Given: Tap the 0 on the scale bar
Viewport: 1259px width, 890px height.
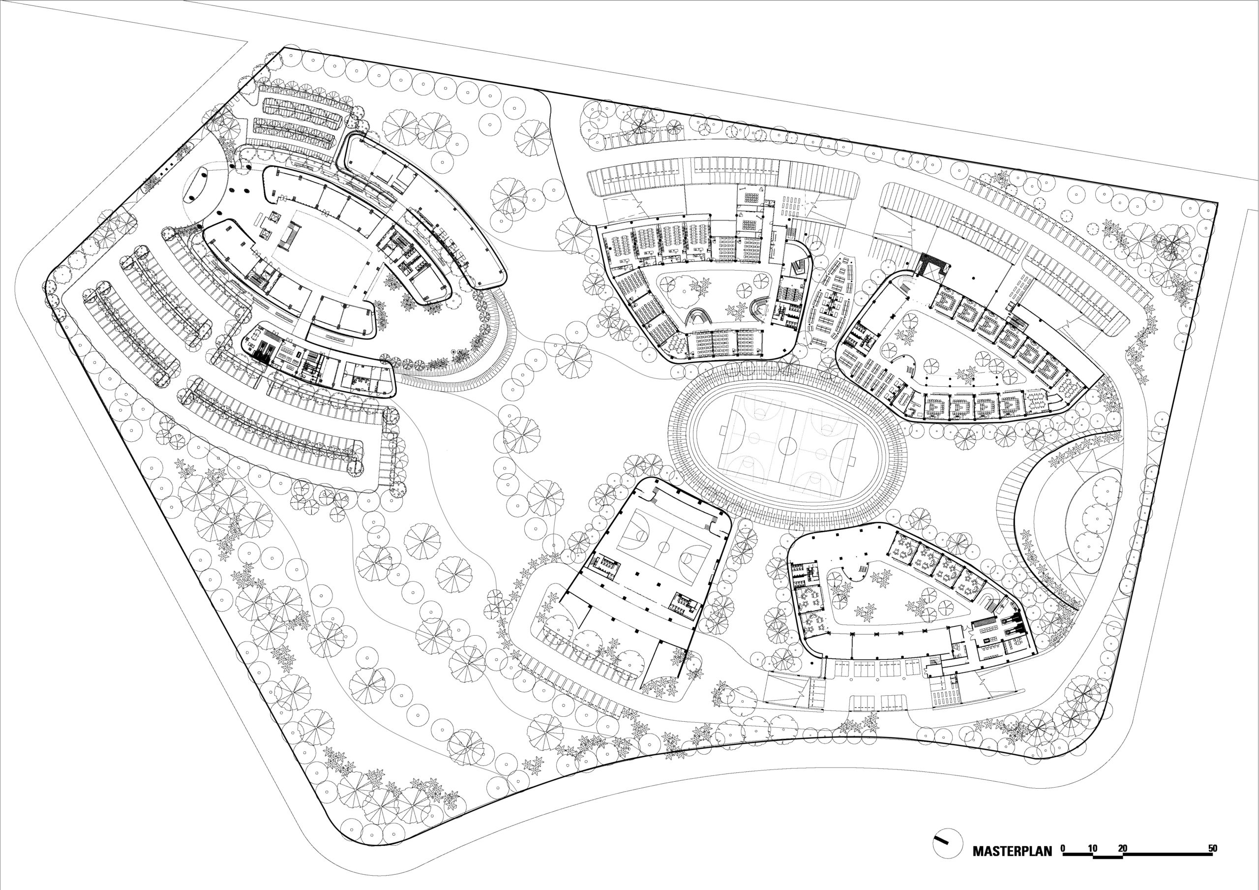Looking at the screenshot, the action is click(1063, 848).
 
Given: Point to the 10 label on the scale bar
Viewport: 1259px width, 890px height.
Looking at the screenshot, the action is click(1092, 848).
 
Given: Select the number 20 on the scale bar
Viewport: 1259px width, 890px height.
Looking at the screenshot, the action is click(1122, 848).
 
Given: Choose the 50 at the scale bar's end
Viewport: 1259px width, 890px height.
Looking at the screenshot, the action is click(1212, 848).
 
